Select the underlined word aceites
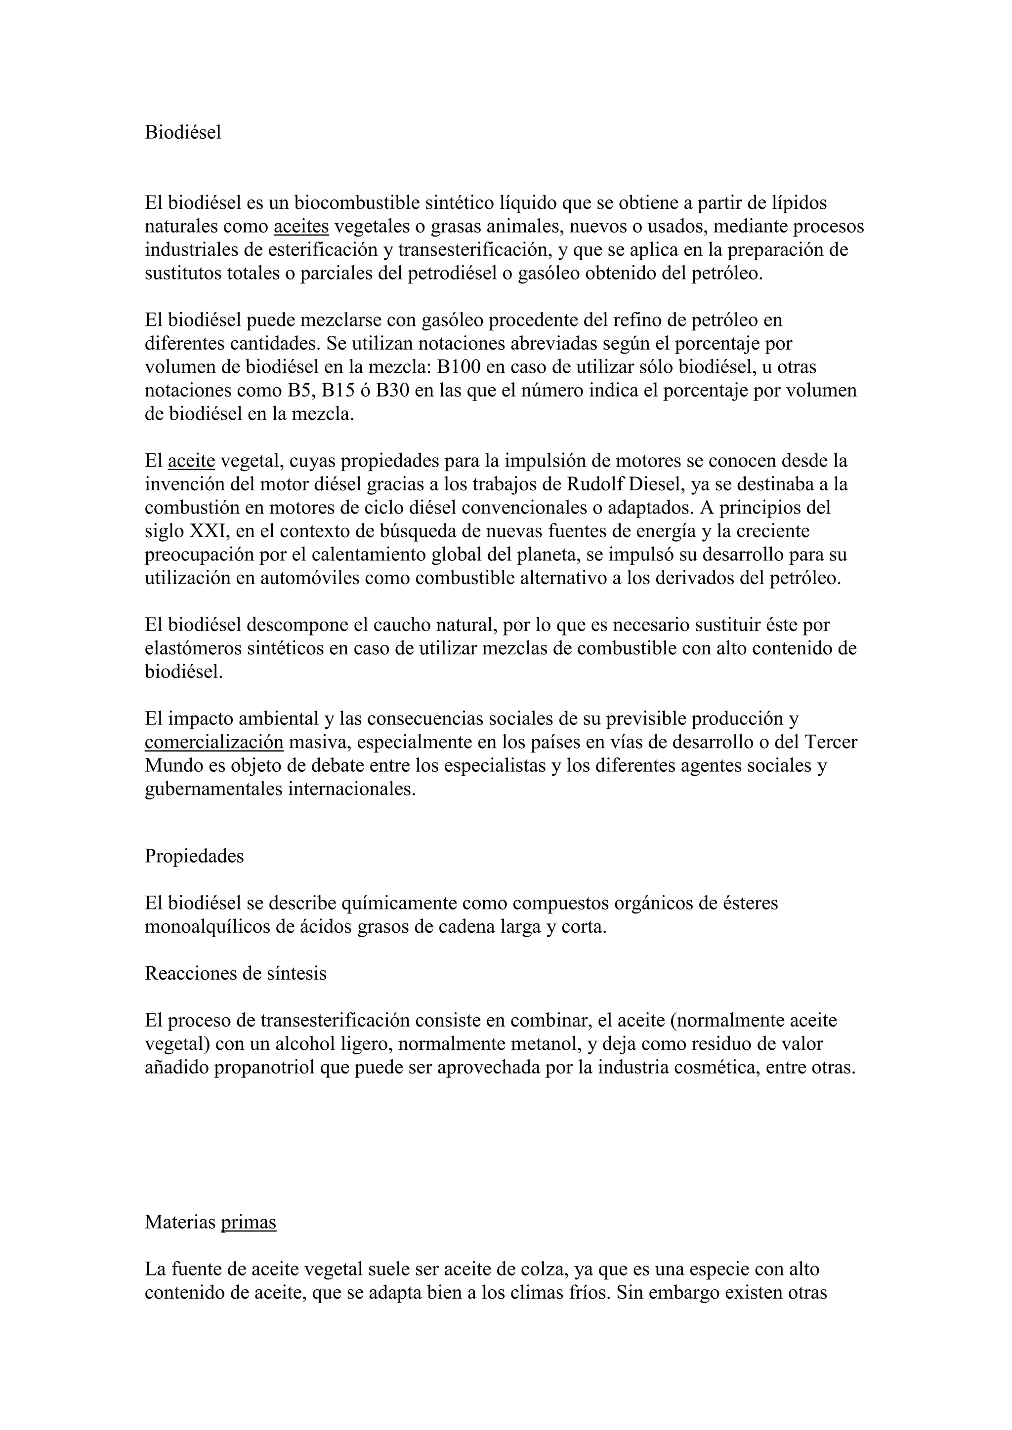301,227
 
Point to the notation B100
458,367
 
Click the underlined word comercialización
214,742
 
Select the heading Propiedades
194,856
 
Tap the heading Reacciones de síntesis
236,973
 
